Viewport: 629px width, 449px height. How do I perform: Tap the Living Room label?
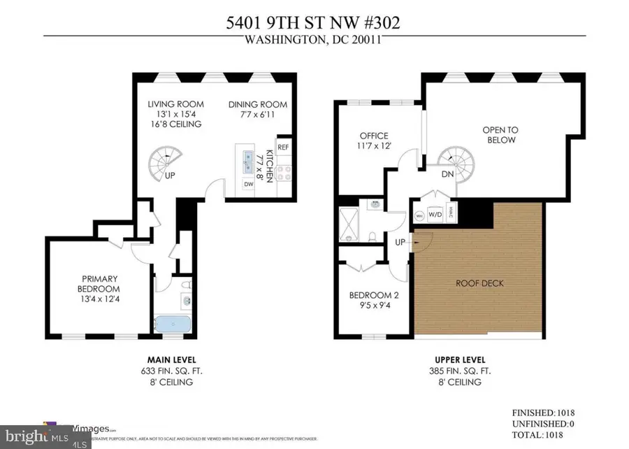click(174, 105)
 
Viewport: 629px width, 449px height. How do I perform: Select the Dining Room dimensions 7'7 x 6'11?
click(258, 115)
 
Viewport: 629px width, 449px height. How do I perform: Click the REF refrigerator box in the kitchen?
click(283, 147)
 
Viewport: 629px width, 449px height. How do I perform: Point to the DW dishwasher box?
click(248, 184)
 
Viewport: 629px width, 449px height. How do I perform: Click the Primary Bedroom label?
click(99, 284)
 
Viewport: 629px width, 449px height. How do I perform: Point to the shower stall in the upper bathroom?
click(348, 224)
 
